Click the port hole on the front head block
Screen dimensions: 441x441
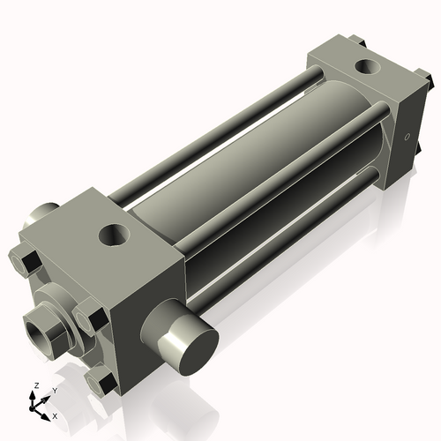[114, 235]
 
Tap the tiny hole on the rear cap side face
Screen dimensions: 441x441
[407, 138]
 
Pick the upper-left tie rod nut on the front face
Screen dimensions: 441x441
[24, 261]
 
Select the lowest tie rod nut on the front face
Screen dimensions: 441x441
[101, 382]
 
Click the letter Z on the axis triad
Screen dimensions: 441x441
[34, 385]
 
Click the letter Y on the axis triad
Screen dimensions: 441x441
[54, 389]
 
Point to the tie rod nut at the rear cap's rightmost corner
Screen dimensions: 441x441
[432, 80]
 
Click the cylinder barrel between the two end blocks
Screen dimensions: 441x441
[247, 176]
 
